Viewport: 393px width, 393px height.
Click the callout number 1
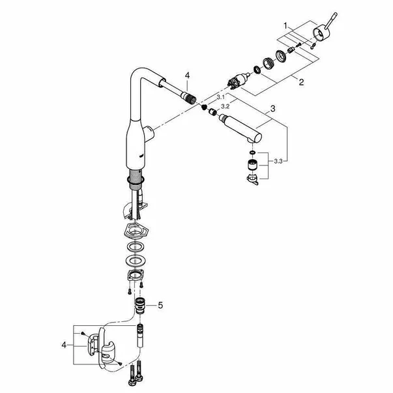tap(285, 25)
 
